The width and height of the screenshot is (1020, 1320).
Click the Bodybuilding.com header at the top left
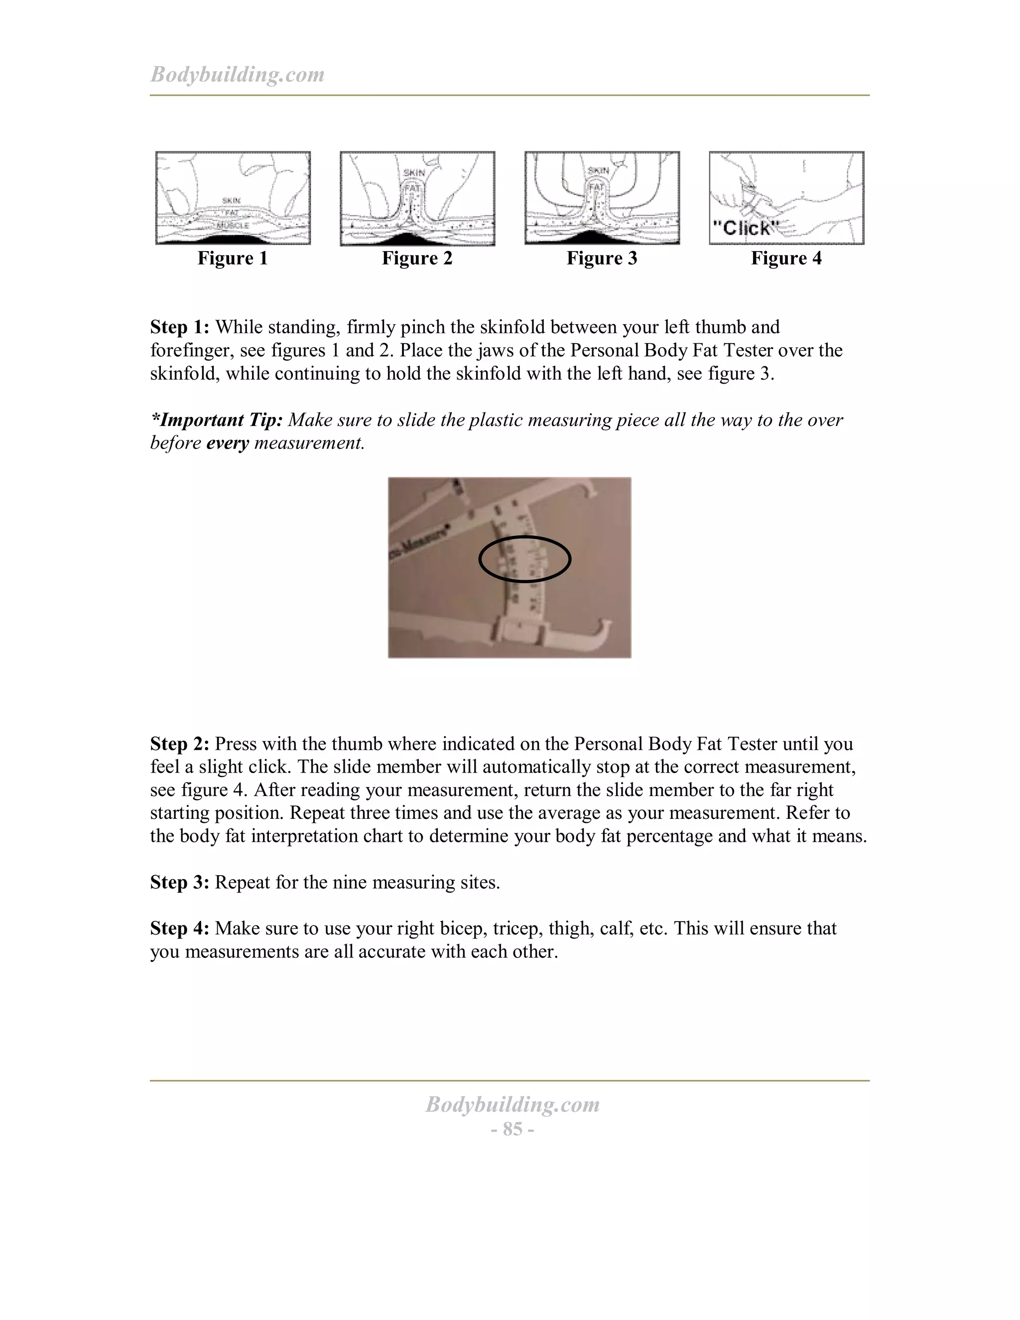[x=237, y=74]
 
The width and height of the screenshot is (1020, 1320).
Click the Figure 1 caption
[x=232, y=258]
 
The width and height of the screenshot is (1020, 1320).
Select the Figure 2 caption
[x=417, y=258]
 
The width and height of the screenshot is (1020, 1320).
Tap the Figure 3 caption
[x=601, y=258]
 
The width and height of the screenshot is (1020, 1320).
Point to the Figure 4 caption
[x=786, y=258]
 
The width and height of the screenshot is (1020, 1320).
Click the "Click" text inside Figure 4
[x=745, y=228]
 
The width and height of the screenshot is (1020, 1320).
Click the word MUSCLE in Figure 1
[x=233, y=226]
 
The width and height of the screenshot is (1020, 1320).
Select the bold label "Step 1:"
[x=179, y=327]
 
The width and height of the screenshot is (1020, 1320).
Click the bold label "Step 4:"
[x=179, y=928]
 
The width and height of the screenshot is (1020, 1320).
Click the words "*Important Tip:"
[x=216, y=419]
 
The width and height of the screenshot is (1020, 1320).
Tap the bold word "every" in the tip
[x=227, y=443]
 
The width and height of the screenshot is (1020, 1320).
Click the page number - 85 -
[x=512, y=1129]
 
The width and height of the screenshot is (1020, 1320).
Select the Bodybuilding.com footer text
[x=512, y=1104]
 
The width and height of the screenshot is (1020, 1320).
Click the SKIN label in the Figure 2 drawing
[x=414, y=173]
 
